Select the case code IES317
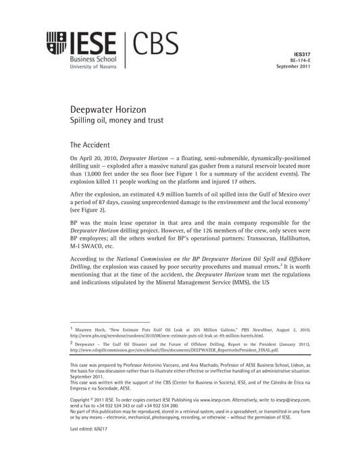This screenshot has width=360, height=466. tap(302, 52)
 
